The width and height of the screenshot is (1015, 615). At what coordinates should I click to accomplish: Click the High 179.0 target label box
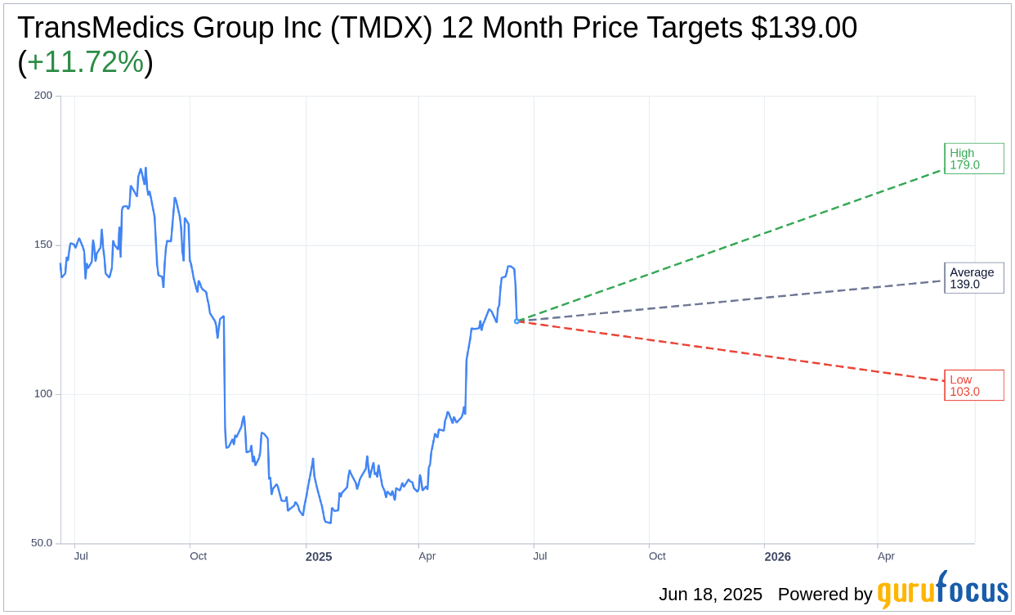point(973,159)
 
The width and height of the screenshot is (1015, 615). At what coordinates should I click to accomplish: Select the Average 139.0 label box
point(973,278)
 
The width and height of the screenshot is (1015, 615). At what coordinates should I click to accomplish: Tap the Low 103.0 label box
point(973,385)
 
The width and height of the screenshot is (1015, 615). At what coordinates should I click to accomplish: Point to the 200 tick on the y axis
point(43,96)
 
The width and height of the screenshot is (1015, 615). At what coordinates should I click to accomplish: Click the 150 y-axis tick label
point(43,245)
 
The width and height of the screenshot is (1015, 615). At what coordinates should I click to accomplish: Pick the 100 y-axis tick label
point(43,393)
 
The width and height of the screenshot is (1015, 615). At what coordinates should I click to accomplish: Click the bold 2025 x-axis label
point(319,557)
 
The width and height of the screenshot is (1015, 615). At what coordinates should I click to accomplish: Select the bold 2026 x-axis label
point(777,557)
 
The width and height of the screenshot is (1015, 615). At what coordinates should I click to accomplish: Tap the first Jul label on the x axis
point(81,556)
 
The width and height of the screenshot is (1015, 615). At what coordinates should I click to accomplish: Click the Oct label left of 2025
point(198,556)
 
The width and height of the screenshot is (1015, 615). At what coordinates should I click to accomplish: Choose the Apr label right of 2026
point(886,556)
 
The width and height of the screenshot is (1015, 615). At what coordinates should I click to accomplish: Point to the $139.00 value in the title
point(804,28)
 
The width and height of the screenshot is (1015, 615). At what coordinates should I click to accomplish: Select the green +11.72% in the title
point(85,62)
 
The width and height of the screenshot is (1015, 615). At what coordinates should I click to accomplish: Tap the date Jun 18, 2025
point(710,595)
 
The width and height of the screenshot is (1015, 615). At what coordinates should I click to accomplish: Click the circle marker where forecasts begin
point(516,321)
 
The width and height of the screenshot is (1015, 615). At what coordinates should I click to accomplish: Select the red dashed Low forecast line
point(736,352)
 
